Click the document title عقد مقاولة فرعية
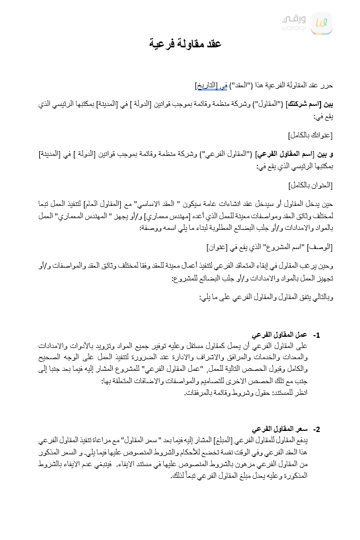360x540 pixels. [185, 44]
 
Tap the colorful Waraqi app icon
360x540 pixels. [322, 23]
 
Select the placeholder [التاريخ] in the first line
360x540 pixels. [207, 85]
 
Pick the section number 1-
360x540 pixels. [316, 336]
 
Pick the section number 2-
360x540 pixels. [316, 429]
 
